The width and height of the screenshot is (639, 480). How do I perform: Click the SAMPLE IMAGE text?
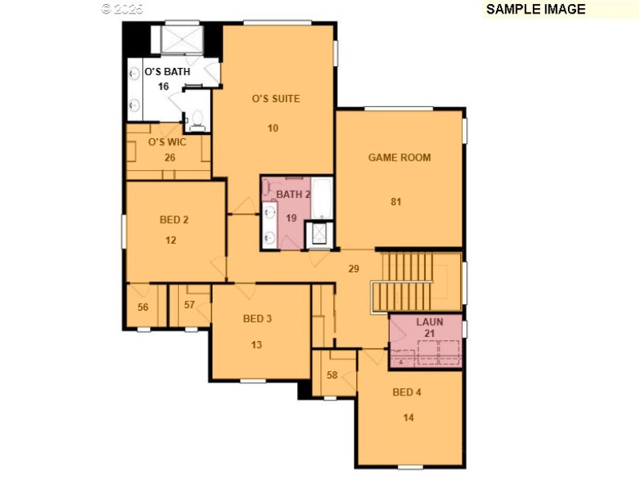click(x=535, y=10)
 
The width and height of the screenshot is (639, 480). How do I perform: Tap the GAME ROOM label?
click(x=399, y=157)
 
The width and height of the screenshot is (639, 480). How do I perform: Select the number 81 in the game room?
click(x=395, y=201)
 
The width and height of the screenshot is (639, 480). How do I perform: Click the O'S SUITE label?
click(x=276, y=99)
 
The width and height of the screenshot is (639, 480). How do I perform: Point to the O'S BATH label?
click(x=167, y=72)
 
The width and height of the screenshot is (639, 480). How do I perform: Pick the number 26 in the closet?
click(x=169, y=157)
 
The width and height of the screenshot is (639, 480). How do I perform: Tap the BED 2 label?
click(x=173, y=220)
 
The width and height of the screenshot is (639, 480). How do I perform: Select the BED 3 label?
click(x=257, y=319)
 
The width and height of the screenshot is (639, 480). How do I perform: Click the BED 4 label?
click(x=407, y=392)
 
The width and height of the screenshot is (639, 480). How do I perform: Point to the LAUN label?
click(x=430, y=322)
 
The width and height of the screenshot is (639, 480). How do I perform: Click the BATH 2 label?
click(x=293, y=194)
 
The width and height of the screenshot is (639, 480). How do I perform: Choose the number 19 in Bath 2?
click(x=292, y=217)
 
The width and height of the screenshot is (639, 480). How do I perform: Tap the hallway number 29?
click(x=354, y=269)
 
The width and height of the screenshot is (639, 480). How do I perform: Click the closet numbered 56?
click(x=143, y=306)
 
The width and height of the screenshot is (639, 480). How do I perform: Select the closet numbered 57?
click(x=189, y=304)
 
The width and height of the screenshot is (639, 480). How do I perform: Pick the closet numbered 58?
click(x=331, y=375)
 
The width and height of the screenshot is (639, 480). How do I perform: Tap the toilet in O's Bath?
click(x=196, y=121)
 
